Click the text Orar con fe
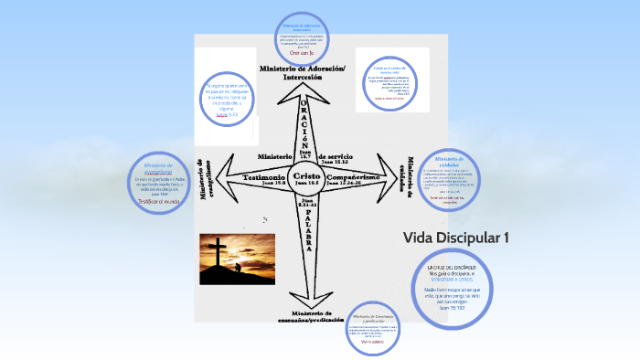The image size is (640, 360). point(301,53)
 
